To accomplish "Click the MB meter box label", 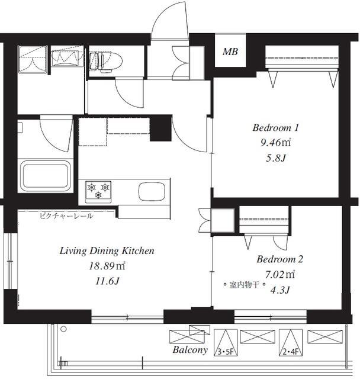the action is [230, 52].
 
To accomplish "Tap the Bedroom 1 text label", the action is [276, 128].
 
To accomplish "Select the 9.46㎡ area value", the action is [275, 143].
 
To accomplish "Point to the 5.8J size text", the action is [276, 158].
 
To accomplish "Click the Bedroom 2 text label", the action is [279, 259].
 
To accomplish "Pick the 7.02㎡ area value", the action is [280, 275].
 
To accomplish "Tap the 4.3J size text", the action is [280, 290].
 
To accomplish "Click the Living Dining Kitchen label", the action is [107, 251].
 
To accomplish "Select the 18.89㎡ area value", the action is [107, 266].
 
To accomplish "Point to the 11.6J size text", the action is [107, 281].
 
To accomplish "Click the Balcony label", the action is [190, 350].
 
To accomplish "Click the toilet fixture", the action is [105, 62].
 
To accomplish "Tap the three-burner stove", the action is [98, 192].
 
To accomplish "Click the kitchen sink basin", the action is [152, 191].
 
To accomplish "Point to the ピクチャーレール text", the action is [66, 216].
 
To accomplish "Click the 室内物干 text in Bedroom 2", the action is [244, 285].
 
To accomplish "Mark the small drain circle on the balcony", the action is [63, 329].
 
